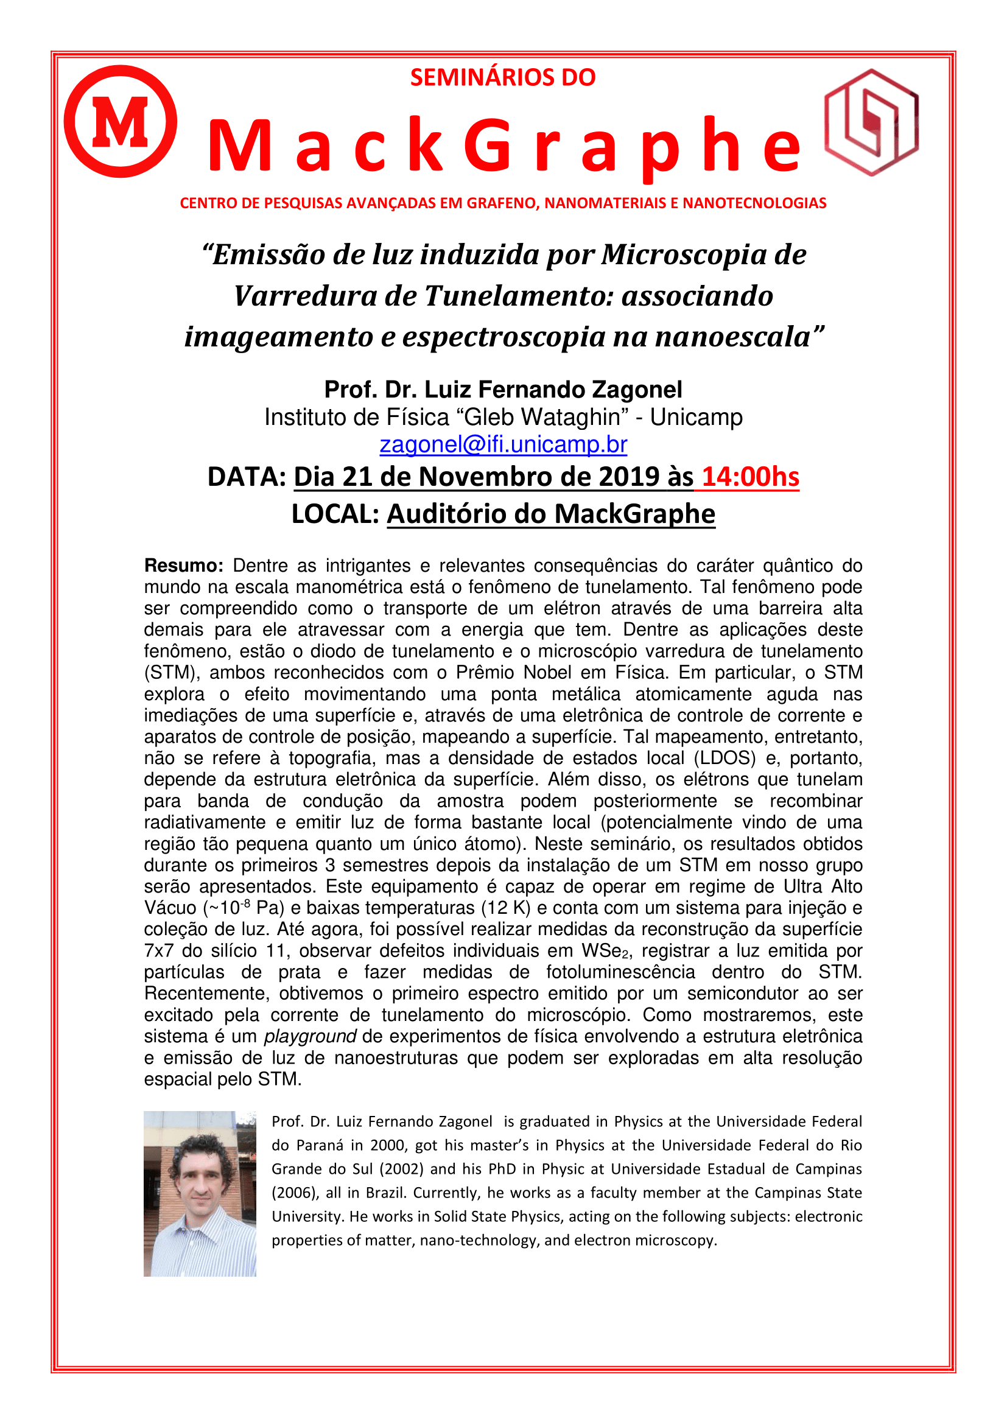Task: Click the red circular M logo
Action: click(121, 122)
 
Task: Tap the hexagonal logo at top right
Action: click(871, 122)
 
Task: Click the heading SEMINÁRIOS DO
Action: click(503, 77)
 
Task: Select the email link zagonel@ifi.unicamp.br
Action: click(503, 444)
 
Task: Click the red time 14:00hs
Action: click(750, 477)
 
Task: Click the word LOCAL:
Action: click(335, 514)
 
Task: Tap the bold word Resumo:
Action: click(183, 566)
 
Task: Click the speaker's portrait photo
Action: click(200, 1193)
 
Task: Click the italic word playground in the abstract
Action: click(310, 1036)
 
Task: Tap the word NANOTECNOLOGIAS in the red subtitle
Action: click(754, 203)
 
